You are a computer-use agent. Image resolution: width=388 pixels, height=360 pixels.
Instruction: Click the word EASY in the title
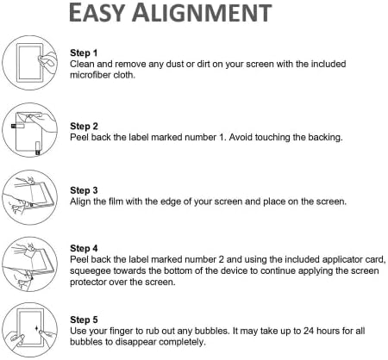click(x=97, y=12)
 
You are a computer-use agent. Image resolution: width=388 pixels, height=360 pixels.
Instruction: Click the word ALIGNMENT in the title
click(x=202, y=12)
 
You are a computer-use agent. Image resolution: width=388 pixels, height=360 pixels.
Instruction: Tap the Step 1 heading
click(x=84, y=53)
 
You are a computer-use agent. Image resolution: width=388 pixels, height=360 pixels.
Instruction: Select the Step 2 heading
click(x=84, y=126)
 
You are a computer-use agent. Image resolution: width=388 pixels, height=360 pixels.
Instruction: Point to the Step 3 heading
click(x=84, y=190)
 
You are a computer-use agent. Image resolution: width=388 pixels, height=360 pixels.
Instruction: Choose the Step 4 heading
click(x=84, y=248)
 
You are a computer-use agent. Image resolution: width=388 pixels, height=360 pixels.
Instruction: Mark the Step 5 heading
click(x=84, y=320)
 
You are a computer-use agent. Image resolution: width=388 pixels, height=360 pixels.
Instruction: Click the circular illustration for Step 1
click(x=29, y=63)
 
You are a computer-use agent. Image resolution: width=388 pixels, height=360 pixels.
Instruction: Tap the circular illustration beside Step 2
click(x=29, y=130)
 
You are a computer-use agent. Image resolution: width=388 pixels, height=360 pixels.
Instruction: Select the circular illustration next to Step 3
click(x=29, y=197)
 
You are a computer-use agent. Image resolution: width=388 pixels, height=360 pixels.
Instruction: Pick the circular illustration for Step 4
click(x=29, y=264)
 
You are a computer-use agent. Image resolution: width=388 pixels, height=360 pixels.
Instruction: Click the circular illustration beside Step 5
click(x=29, y=330)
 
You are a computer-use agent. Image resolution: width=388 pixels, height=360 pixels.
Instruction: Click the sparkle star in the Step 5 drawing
click(x=36, y=328)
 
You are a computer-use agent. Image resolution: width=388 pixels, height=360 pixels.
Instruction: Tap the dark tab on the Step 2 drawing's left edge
click(x=14, y=126)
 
